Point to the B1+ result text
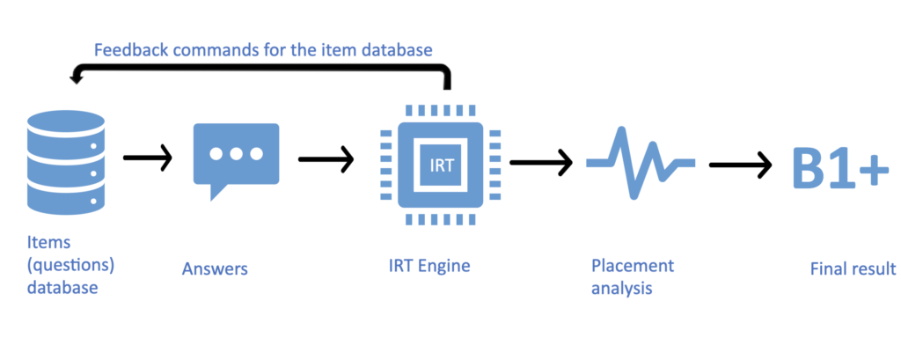836,165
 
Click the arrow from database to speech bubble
147,158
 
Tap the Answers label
215,268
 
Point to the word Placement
632,265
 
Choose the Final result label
853,268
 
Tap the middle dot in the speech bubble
236,152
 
